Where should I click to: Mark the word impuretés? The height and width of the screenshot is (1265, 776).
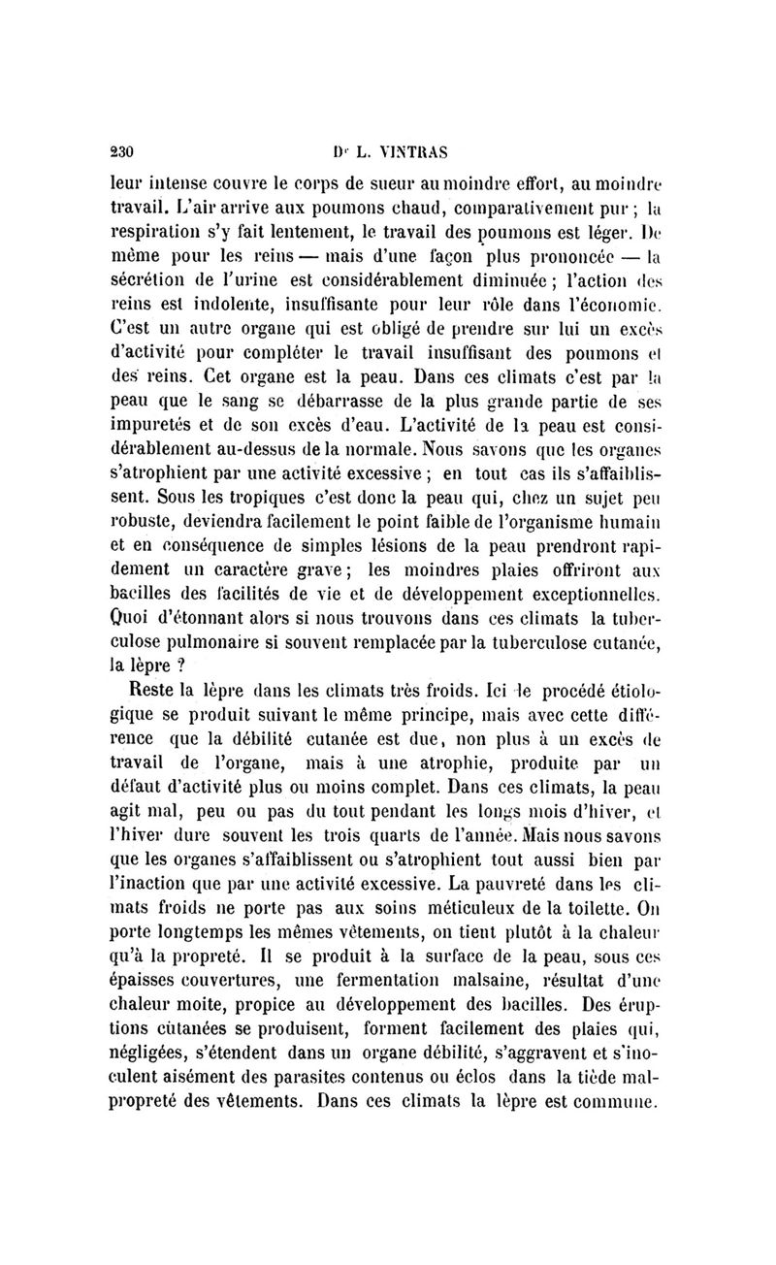(x=169, y=424)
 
